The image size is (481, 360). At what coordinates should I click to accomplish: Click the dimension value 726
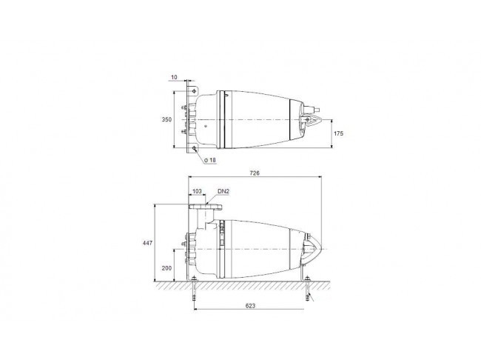(255, 173)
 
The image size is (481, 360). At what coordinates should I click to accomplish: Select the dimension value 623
(250, 306)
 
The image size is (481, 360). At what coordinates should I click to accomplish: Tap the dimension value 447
(147, 243)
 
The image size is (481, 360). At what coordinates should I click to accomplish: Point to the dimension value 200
(166, 268)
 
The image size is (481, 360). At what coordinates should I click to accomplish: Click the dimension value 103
(197, 191)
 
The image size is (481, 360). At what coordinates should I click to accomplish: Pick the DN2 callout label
(223, 191)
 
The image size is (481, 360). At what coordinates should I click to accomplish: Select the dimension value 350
(167, 119)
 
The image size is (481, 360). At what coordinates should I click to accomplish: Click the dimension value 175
(338, 133)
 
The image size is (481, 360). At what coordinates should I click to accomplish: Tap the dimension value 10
(174, 77)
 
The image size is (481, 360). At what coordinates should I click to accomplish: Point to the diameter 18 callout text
(210, 160)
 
